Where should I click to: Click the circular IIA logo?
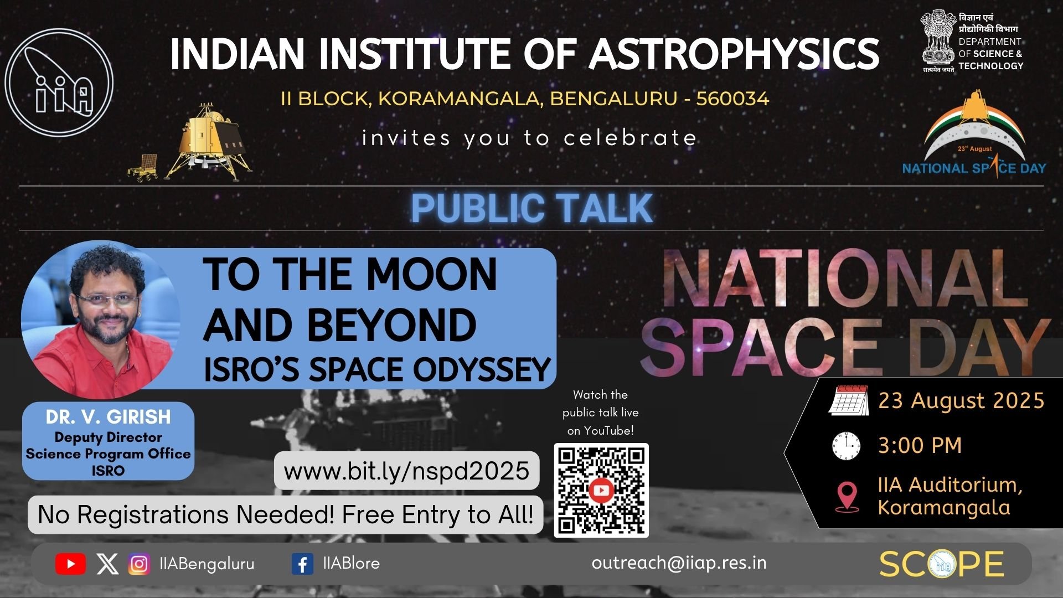[x=59, y=83]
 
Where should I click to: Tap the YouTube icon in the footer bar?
[x=70, y=564]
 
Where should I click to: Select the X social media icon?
[x=107, y=564]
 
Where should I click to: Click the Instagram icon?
[x=139, y=564]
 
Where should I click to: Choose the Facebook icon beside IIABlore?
[x=302, y=564]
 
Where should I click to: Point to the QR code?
[x=601, y=491]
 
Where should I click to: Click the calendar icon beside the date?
[x=848, y=400]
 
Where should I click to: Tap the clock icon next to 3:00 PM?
[x=847, y=445]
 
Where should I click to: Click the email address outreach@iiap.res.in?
[x=679, y=563]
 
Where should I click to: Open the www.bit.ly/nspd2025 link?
[x=406, y=471]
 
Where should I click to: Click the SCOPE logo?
[x=941, y=564]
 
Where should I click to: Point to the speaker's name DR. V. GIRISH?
[x=109, y=417]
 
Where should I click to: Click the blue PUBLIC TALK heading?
[x=532, y=208]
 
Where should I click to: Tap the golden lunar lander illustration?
[x=209, y=141]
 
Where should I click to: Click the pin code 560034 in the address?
[x=732, y=99]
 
